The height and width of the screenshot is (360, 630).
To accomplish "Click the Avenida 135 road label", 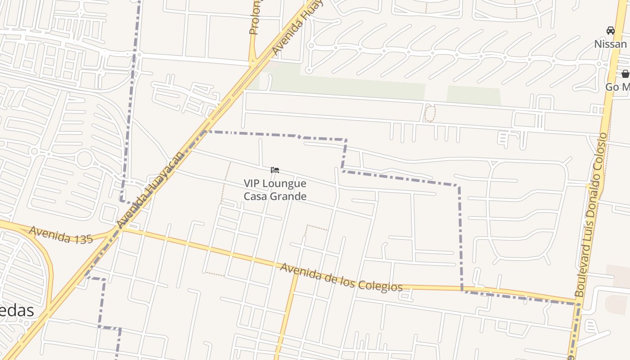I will (x=61, y=235).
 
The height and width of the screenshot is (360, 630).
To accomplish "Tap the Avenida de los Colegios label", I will (x=341, y=278).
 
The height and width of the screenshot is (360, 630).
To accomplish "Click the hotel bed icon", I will (x=275, y=170).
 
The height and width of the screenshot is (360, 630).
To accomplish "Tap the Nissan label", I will (x=610, y=44).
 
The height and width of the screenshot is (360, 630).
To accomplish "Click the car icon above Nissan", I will (x=610, y=31).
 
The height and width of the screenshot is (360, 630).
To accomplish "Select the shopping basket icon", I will (x=625, y=74).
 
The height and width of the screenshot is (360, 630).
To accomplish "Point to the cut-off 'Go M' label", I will (x=617, y=87).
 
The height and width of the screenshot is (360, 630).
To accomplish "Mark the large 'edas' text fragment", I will (x=17, y=310).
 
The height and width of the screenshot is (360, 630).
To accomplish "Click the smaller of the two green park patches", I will (x=473, y=95).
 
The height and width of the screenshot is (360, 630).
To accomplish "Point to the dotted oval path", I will (x=430, y=113).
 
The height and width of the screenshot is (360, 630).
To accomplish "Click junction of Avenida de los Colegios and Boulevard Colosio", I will (x=579, y=303).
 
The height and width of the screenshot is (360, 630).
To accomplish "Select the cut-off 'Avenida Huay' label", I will (x=297, y=28).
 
